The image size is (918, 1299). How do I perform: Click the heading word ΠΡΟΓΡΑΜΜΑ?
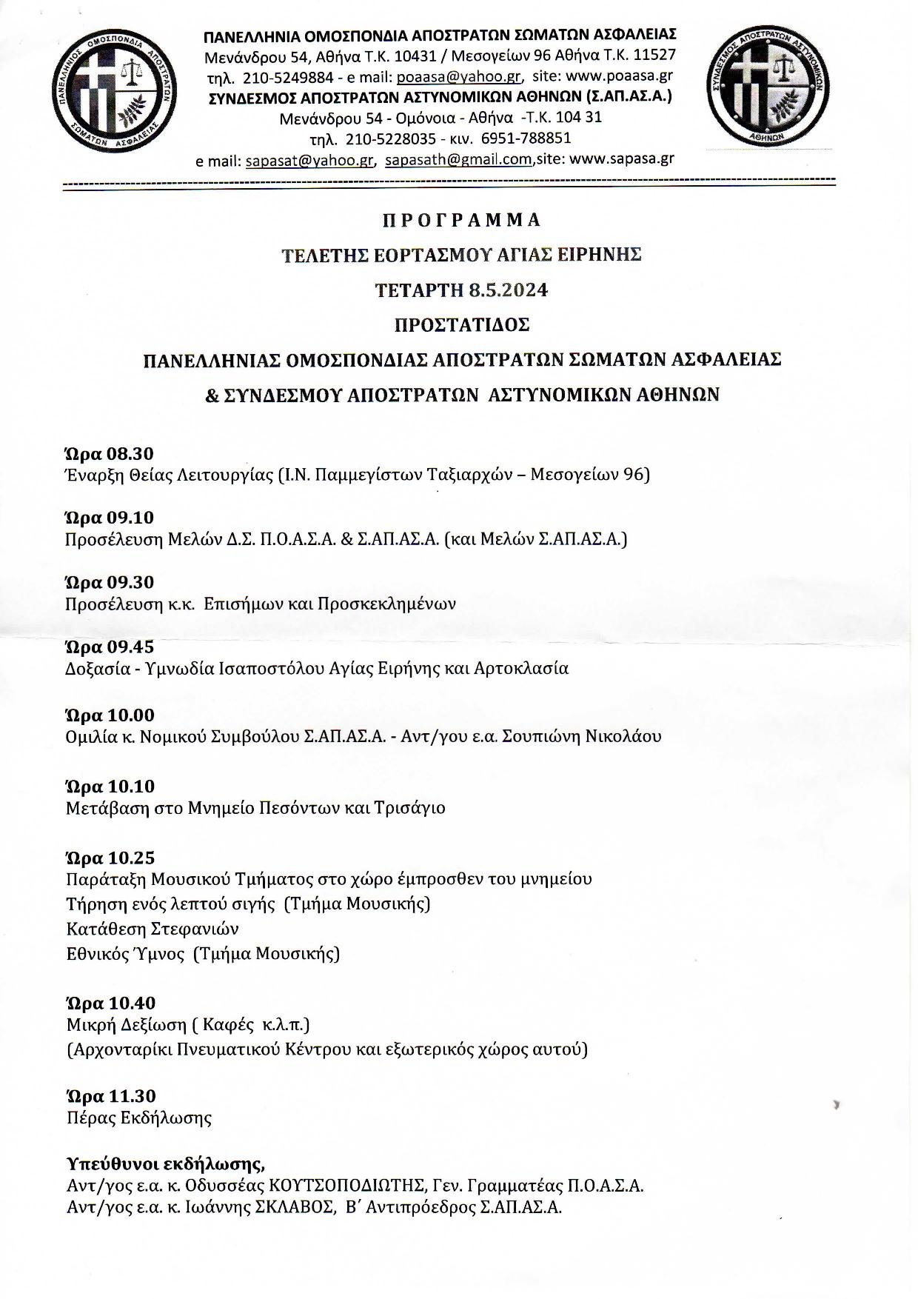(x=462, y=220)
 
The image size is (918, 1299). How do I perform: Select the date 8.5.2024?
(x=509, y=290)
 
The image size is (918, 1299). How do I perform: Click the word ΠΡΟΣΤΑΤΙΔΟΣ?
(x=462, y=325)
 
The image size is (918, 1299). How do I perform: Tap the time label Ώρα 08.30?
(x=110, y=453)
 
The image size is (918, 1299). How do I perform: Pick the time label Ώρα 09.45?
(x=110, y=647)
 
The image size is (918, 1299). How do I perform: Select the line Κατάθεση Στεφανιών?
(x=153, y=929)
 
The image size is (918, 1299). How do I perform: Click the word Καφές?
(x=226, y=1025)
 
